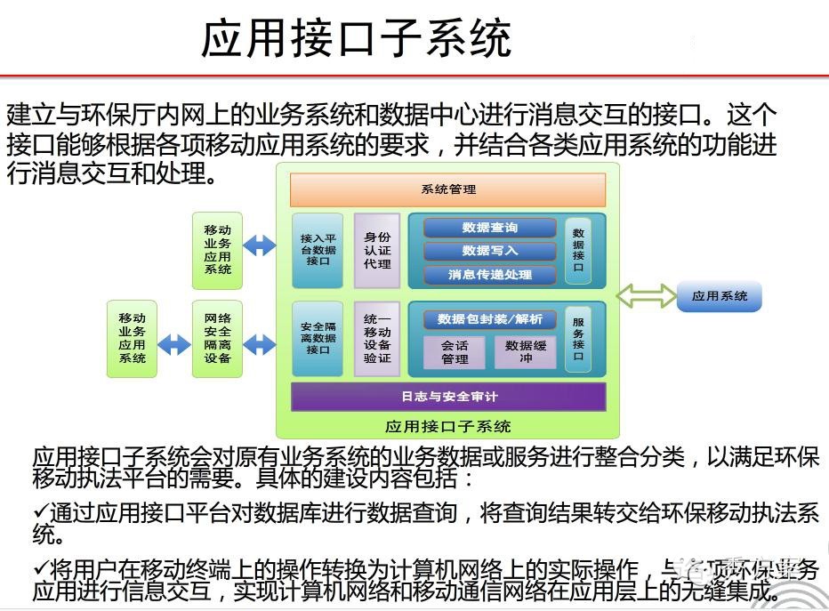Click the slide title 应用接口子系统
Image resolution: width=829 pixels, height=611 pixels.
[x=357, y=39]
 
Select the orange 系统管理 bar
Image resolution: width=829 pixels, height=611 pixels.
[x=447, y=189]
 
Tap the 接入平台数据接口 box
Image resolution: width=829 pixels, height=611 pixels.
[x=318, y=250]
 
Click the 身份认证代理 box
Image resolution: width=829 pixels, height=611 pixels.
[x=377, y=250]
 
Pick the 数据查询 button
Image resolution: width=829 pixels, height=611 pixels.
[x=489, y=228]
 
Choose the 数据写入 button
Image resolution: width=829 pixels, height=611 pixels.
[x=489, y=251]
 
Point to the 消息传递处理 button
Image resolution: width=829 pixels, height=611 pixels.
[x=489, y=275]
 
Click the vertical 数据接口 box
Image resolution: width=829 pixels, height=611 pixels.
[x=578, y=250]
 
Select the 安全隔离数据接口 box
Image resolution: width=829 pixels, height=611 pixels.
[x=318, y=338]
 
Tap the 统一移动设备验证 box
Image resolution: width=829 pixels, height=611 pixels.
[x=377, y=338]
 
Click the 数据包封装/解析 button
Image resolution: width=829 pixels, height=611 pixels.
[x=490, y=319]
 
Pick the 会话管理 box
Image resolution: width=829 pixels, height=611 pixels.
[x=455, y=352]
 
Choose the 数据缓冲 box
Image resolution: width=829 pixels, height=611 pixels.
[x=526, y=352]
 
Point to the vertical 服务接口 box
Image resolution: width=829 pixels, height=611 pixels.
[x=578, y=338]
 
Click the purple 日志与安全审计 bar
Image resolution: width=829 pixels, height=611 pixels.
[x=447, y=397]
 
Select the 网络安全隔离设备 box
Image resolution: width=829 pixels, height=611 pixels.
[x=217, y=338]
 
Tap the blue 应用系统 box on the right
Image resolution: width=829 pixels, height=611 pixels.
[x=720, y=296]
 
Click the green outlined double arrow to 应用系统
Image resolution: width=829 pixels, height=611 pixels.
[x=646, y=296]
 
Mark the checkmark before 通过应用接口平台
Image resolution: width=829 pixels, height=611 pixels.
[x=40, y=513]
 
